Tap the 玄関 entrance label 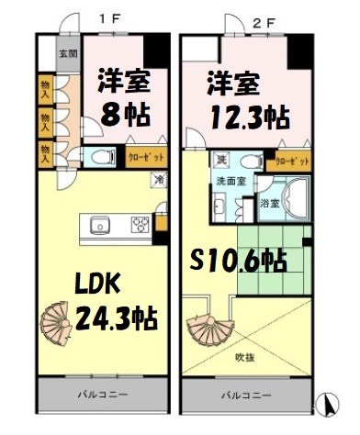(x=69, y=54)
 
